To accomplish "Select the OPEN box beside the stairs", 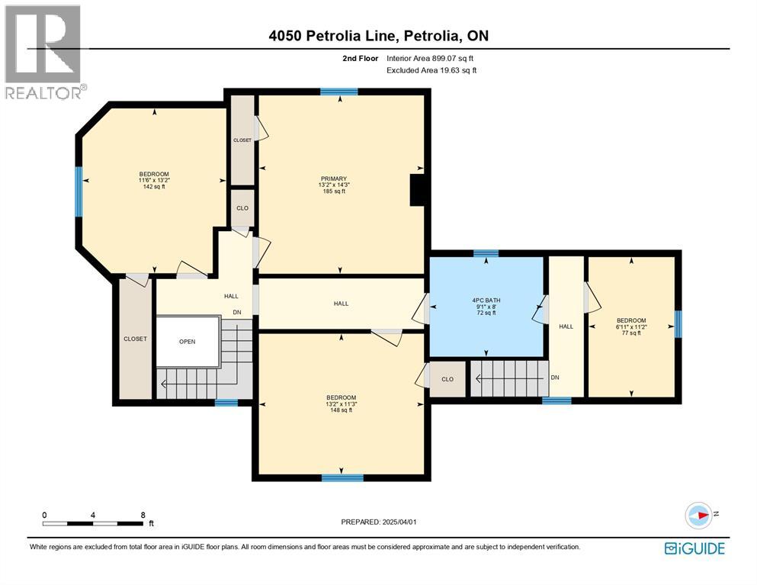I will point(188,341).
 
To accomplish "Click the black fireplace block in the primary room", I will point(418,190).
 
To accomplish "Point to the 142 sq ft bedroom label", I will point(154,180).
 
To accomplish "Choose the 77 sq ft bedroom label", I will point(631,326).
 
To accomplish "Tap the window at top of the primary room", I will point(339,92).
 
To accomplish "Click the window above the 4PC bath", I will point(486,253).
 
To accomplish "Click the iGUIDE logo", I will point(694,548).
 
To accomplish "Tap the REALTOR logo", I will point(44,52).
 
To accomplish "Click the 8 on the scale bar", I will point(143,515).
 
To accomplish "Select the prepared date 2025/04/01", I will point(380,522).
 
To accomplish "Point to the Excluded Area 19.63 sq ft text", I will point(431,70).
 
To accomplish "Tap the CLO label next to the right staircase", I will point(447,379).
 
